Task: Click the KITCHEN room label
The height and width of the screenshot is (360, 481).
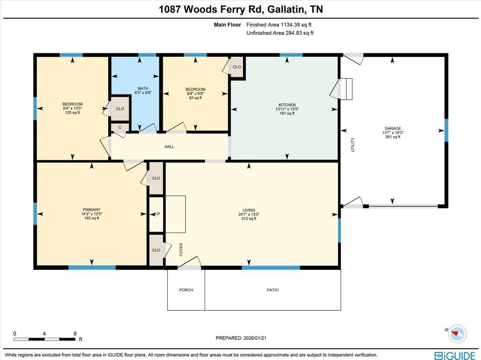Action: click(x=287, y=105)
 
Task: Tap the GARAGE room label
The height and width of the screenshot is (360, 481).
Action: click(x=393, y=129)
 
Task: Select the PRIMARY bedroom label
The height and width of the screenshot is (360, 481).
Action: click(x=91, y=210)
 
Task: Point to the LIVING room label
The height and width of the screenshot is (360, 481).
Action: click(x=249, y=210)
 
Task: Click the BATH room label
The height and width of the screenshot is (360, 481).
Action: click(x=143, y=88)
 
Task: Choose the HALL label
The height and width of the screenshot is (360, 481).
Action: click(x=169, y=147)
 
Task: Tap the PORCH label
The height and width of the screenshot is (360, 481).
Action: click(x=186, y=290)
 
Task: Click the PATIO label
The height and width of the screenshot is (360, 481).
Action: click(x=273, y=290)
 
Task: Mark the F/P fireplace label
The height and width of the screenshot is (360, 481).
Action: click(x=157, y=214)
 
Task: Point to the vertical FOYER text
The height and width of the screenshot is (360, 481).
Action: click(x=181, y=249)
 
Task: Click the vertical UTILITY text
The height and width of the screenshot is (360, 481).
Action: click(x=353, y=145)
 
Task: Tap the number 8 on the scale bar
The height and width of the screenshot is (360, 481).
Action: click(x=75, y=334)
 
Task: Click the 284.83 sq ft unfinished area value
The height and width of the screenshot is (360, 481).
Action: click(x=299, y=33)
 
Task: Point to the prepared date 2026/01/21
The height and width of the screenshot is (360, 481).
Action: click(x=254, y=338)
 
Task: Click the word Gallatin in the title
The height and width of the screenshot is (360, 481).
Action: click(x=286, y=10)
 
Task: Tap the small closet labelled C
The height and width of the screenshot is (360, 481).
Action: click(x=120, y=127)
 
